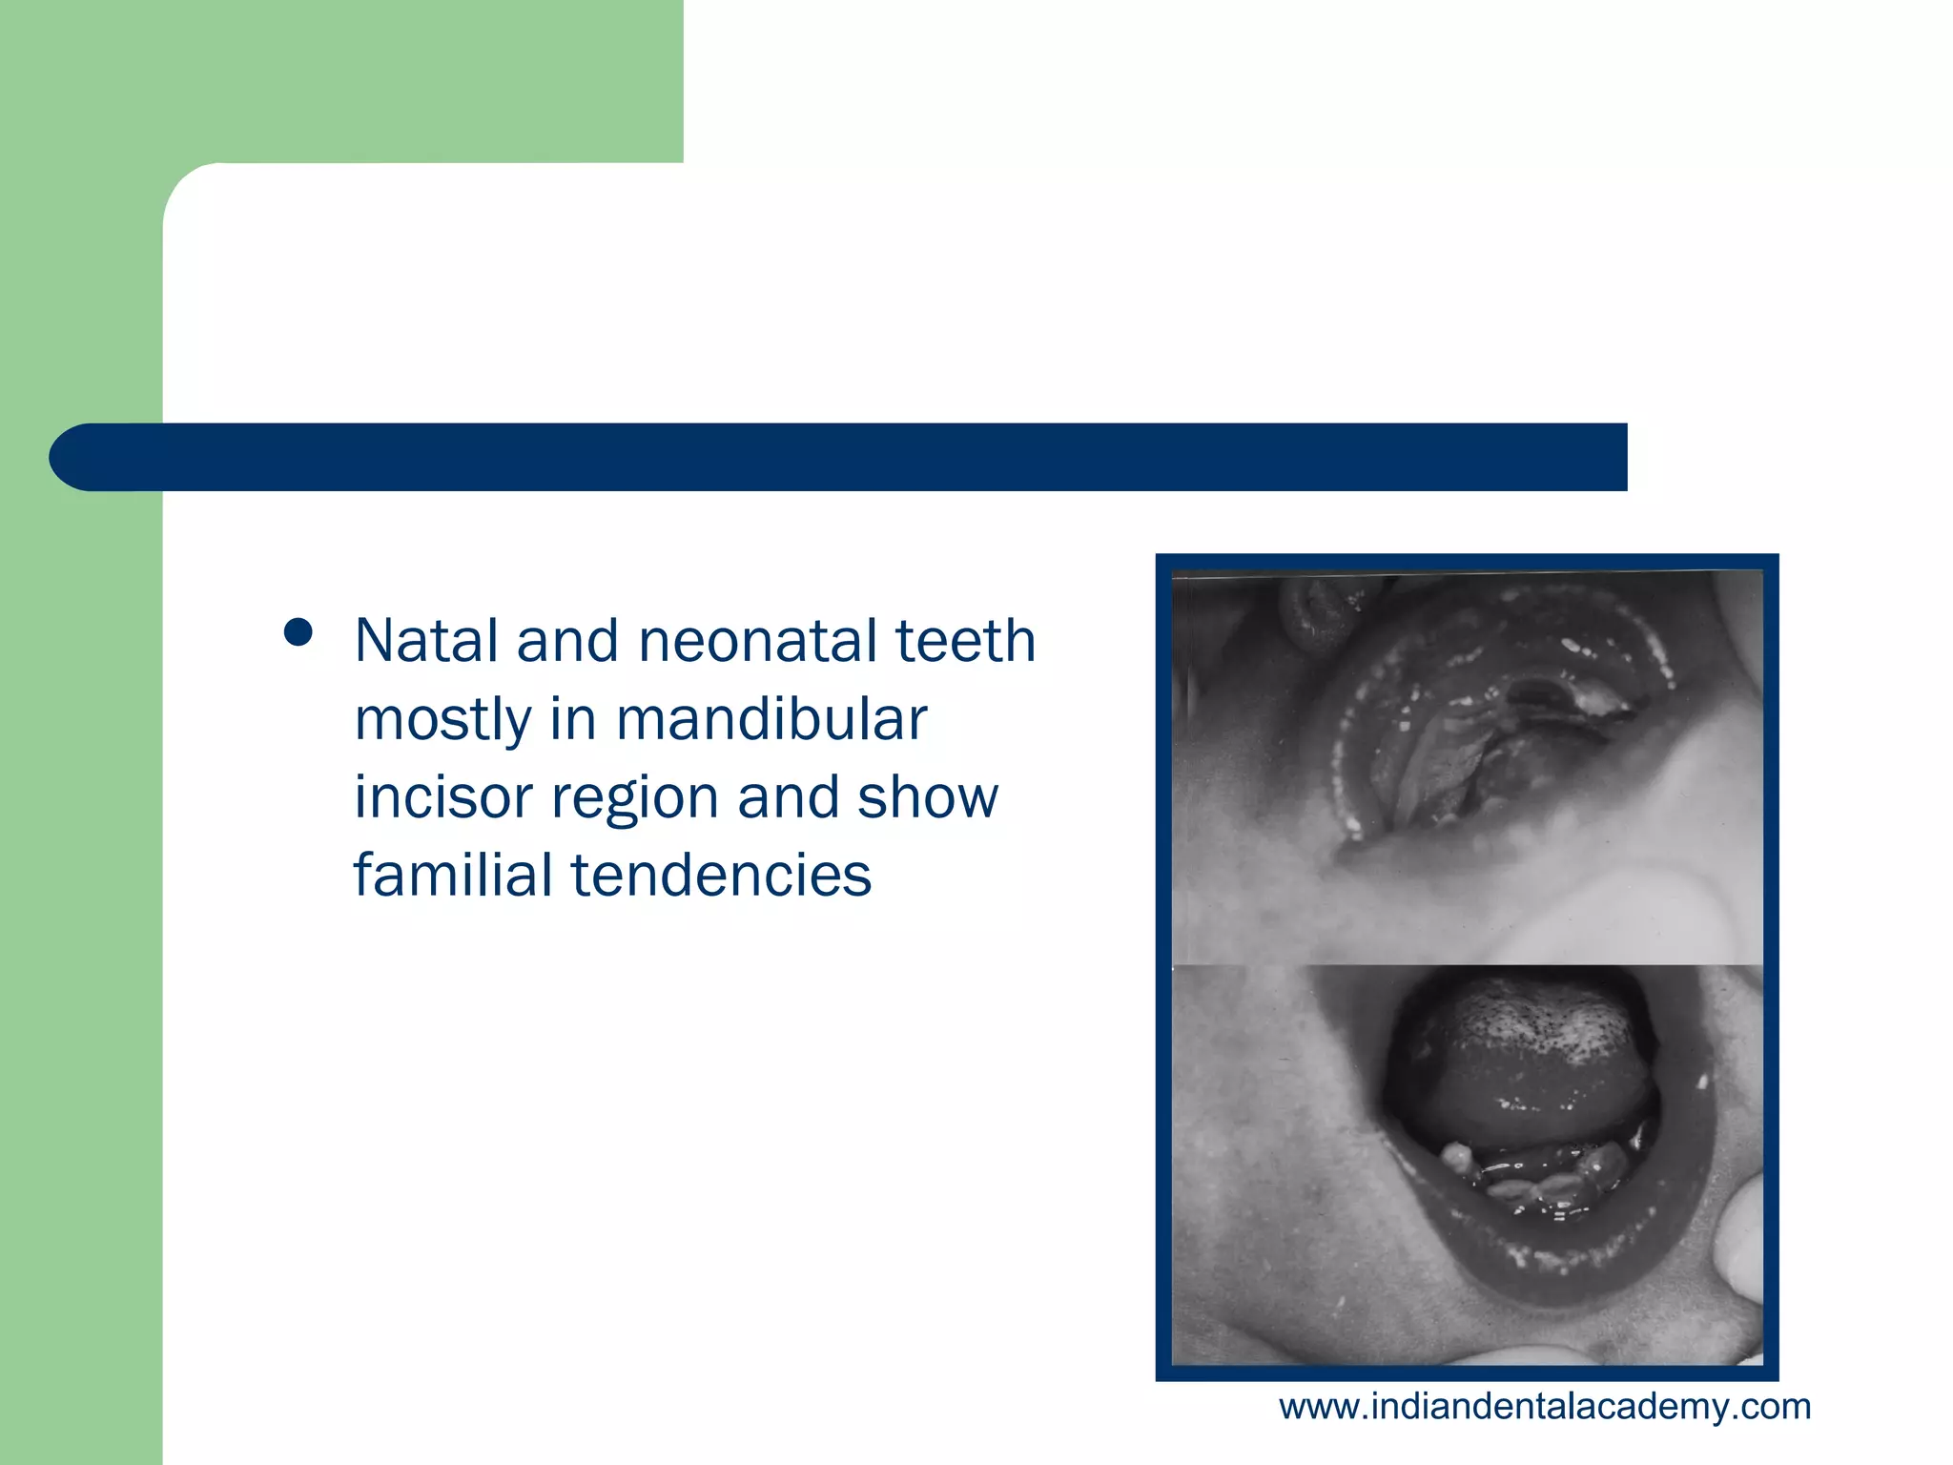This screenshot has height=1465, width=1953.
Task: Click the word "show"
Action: pos(927,797)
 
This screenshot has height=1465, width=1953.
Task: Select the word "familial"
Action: pos(453,875)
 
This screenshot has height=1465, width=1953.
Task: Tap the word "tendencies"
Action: pos(721,875)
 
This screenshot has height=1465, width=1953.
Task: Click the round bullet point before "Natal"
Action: pos(298,633)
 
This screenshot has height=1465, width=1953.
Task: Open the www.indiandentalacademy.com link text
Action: pos(1544,1407)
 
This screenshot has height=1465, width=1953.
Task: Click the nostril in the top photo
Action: pos(1321,610)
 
